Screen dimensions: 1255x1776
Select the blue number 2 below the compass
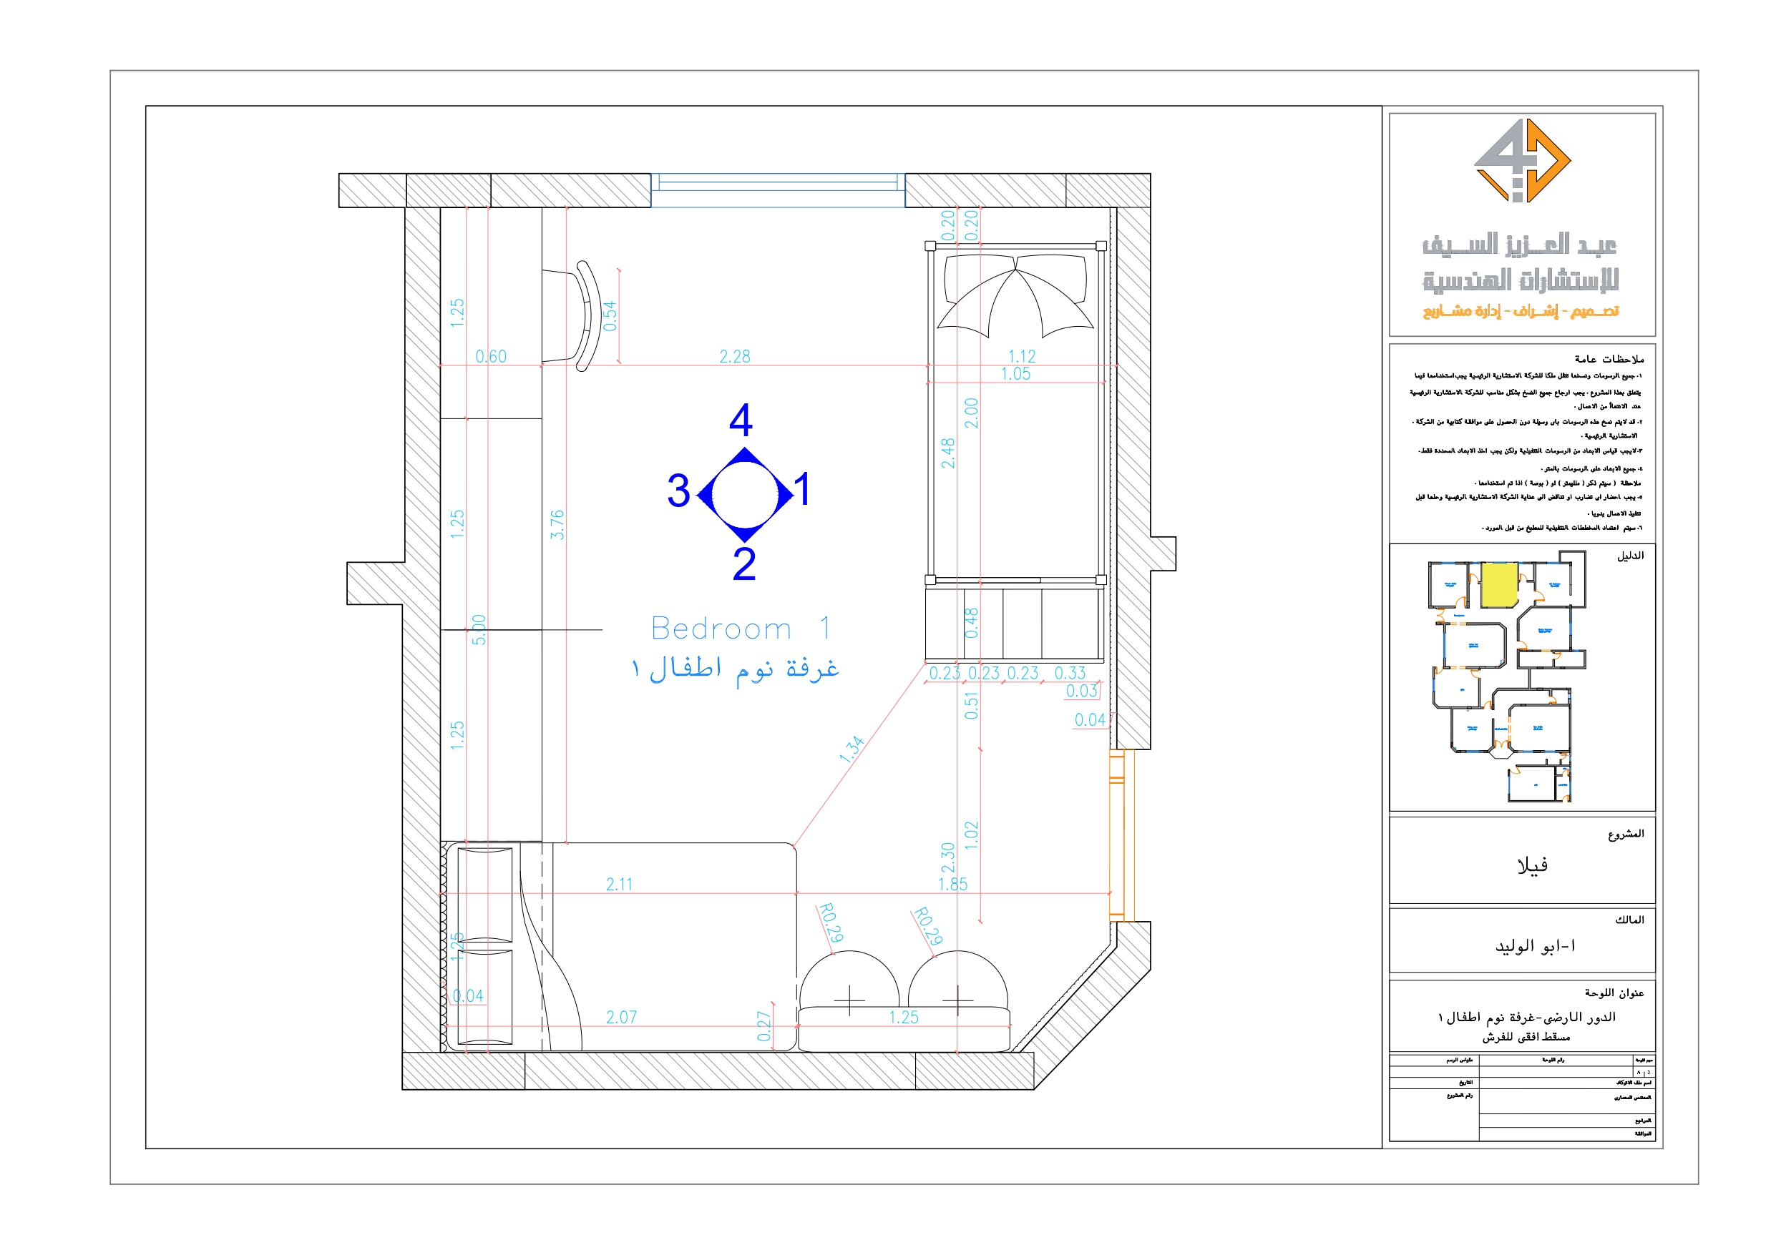point(743,563)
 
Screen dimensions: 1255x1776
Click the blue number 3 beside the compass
point(678,491)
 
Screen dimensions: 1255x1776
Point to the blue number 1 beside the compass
point(802,489)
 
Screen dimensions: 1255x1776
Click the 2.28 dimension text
point(734,356)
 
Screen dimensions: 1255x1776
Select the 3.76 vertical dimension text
point(557,524)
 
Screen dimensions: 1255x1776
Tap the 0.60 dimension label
point(490,356)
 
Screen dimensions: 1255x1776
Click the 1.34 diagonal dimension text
point(851,749)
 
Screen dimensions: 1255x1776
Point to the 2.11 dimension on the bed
point(619,884)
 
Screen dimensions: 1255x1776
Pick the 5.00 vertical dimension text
point(479,629)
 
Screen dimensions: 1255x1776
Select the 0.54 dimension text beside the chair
point(610,315)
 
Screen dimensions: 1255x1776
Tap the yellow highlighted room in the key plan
point(1498,586)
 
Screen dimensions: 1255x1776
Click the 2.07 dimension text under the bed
point(621,1017)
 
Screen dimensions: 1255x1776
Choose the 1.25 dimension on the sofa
point(903,1017)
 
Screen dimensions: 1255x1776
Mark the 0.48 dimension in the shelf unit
point(972,622)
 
